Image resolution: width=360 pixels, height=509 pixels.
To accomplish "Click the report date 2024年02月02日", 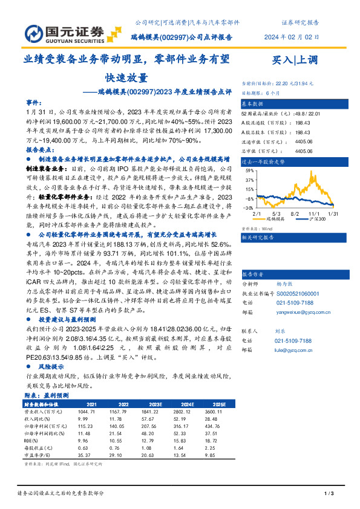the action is (292, 37).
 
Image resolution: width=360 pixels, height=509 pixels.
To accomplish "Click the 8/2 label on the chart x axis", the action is (295, 213).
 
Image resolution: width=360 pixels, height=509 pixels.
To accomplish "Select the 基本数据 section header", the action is (254, 103).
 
